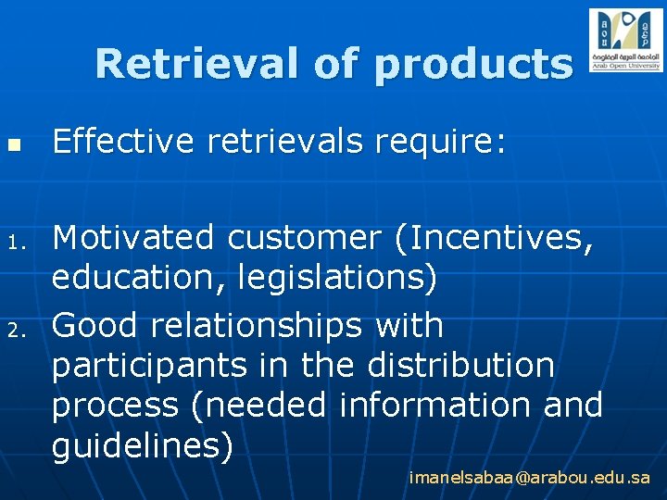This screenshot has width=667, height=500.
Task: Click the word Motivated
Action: (133, 238)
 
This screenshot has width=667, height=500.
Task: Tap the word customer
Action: (304, 238)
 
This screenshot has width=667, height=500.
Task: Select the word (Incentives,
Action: (492, 238)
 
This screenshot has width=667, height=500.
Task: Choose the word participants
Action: (149, 365)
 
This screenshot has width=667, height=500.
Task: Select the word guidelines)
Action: (143, 445)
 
